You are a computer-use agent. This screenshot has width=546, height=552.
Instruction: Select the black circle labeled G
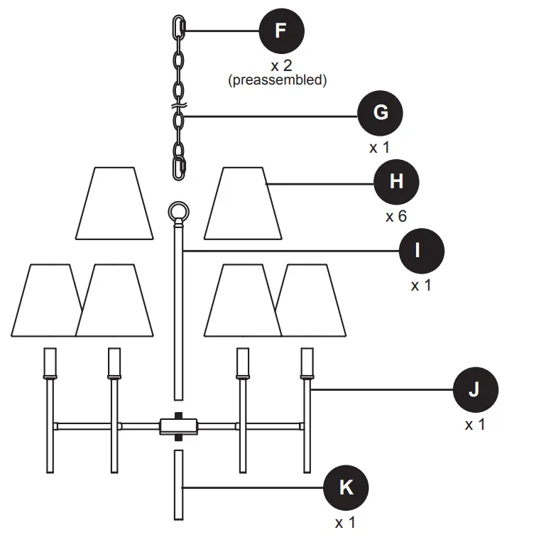pyautogui.click(x=381, y=114)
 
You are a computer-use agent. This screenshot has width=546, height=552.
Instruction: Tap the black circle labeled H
pyautogui.click(x=396, y=182)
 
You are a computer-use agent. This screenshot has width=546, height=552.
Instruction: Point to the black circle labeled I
pyautogui.click(x=421, y=251)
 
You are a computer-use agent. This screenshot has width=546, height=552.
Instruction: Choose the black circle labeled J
pyautogui.click(x=475, y=390)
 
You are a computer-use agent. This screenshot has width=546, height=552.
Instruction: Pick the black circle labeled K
pyautogui.click(x=346, y=488)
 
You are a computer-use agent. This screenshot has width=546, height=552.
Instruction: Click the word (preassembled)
pyautogui.click(x=278, y=80)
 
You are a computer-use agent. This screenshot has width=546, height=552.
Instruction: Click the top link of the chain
pyautogui.click(x=178, y=29)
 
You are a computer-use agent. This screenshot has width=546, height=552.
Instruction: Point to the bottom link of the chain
pyautogui.click(x=179, y=168)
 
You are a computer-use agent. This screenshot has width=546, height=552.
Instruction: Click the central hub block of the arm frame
pyautogui.click(x=179, y=426)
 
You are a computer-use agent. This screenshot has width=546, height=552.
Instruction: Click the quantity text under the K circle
pyautogui.click(x=345, y=523)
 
